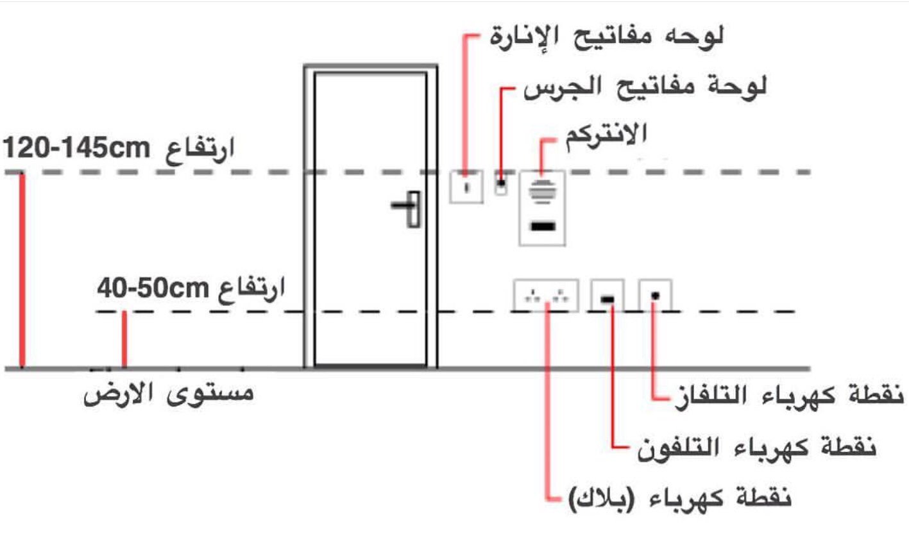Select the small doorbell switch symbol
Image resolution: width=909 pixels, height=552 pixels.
501,185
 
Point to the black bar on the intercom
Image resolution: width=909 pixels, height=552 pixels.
542,226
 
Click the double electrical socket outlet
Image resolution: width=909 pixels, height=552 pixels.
546,296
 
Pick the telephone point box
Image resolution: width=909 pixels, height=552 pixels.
607,296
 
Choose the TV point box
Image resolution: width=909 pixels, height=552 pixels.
655,296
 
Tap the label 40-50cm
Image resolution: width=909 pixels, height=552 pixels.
149,288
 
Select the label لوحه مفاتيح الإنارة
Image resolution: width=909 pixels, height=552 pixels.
607,37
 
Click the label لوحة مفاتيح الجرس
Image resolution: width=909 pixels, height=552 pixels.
645,87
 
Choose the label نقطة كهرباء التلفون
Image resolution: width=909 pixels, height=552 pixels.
757,447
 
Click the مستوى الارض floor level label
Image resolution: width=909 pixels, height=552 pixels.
169,393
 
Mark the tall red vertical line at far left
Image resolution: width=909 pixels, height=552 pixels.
22,269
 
